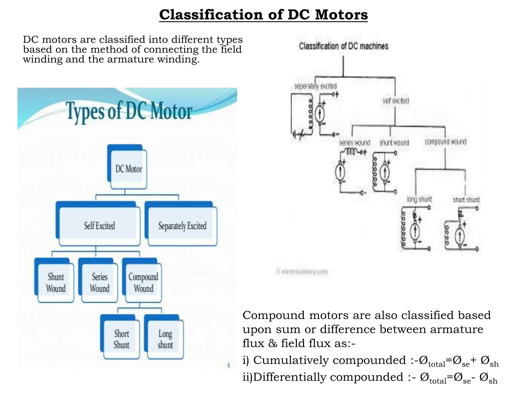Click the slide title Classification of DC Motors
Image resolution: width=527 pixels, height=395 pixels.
pyautogui.click(x=263, y=15)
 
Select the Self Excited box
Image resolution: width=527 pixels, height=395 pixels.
pyautogui.click(x=99, y=226)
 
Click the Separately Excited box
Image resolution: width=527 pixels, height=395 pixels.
pyautogui.click(x=182, y=226)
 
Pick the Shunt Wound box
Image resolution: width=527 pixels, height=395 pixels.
pyautogui.click(x=56, y=282)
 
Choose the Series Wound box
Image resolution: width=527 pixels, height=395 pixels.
pyautogui.click(x=100, y=282)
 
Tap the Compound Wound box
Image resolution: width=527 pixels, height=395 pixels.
pyautogui.click(x=143, y=282)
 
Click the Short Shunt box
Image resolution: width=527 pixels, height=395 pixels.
pyautogui.click(x=121, y=339)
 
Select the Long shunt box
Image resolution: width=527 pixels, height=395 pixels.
pyautogui.click(x=165, y=339)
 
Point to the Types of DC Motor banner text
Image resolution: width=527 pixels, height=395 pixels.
pyautogui.click(x=129, y=111)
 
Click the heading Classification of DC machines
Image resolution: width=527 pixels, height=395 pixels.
pyautogui.click(x=343, y=46)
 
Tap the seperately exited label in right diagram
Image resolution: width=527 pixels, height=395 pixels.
pyautogui.click(x=315, y=86)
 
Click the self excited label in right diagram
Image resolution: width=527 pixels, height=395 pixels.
pyautogui.click(x=396, y=101)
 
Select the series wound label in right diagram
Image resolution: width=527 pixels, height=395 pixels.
pyautogui.click(x=354, y=143)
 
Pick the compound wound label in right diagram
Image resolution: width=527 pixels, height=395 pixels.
pyautogui.click(x=445, y=142)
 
